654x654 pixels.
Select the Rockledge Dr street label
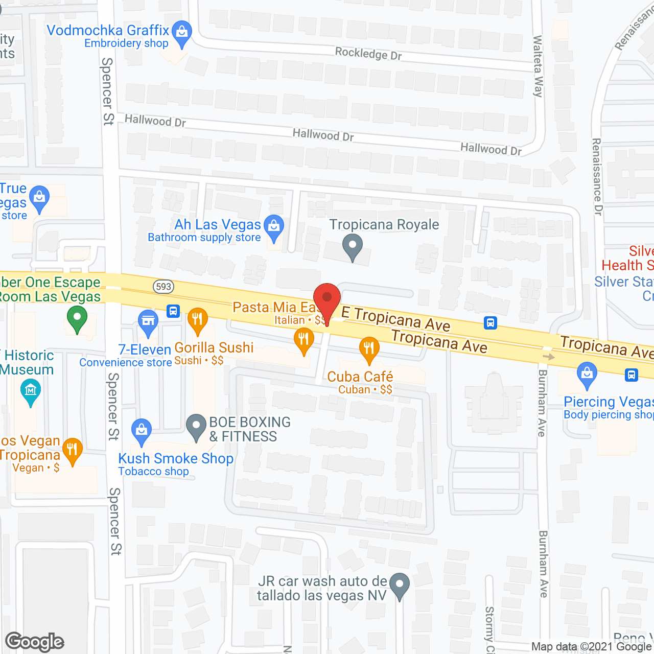pos(368,53)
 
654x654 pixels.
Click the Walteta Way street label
pos(538,66)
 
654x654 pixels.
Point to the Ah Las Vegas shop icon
pos(274,226)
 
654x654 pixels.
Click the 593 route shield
pos(163,287)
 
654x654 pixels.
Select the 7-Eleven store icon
pos(148,322)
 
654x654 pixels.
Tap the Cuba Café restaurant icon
pos(368,349)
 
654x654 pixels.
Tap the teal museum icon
pos(31,392)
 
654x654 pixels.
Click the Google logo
pos(35,642)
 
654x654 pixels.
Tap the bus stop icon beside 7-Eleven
pos(173,311)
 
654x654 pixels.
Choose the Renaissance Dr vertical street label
pos(597,176)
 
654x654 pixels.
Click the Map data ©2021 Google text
pos(591,647)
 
